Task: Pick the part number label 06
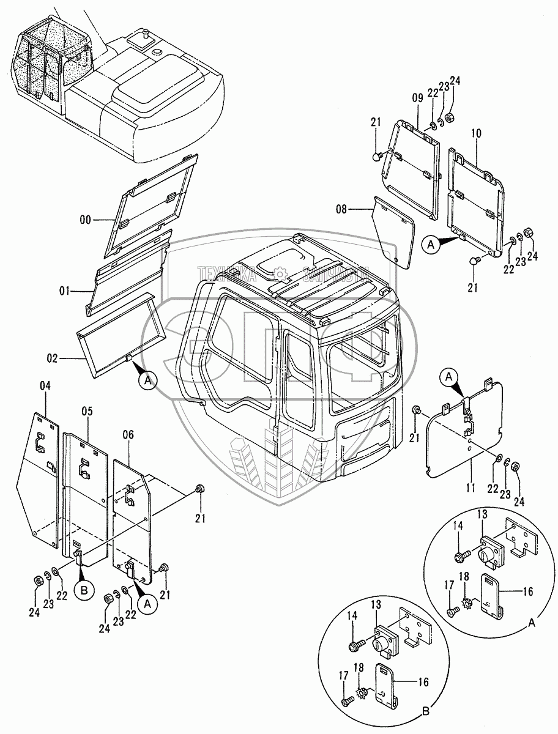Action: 128,434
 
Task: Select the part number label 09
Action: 417,96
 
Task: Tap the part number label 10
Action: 477,133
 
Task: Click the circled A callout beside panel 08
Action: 431,245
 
